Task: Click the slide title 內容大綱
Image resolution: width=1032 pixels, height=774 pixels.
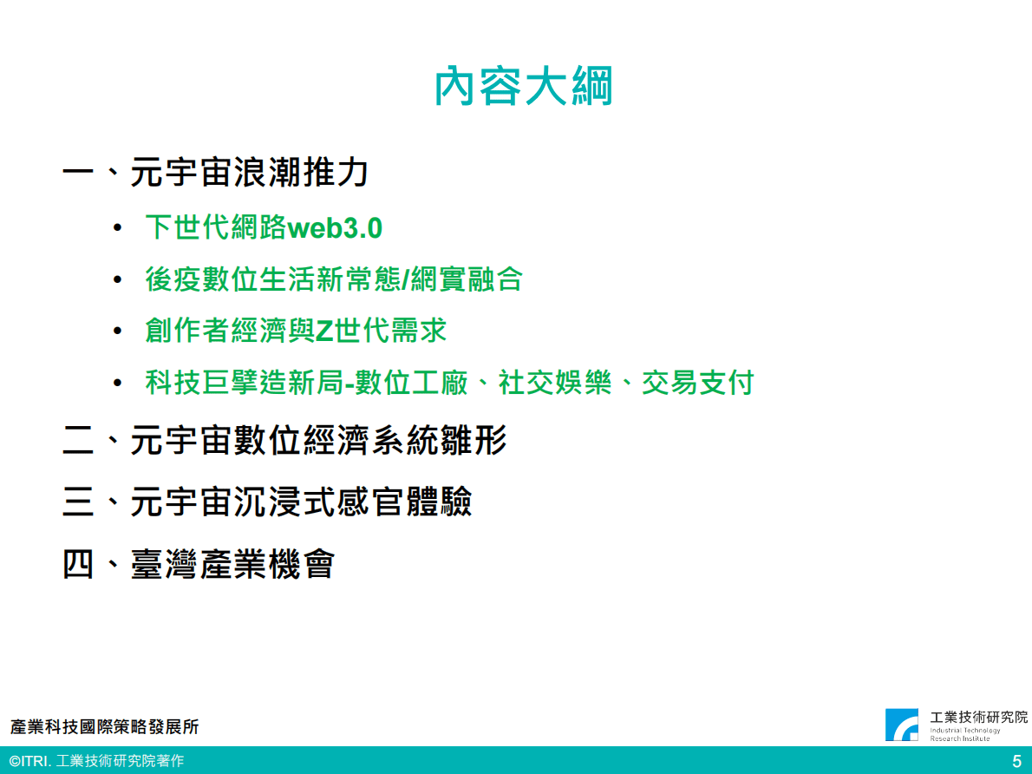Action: point(523,87)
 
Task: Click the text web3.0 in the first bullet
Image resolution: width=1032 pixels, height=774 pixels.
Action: point(335,228)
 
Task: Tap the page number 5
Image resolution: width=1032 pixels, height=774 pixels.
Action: point(1016,762)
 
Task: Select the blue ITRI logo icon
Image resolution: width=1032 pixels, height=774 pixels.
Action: point(902,725)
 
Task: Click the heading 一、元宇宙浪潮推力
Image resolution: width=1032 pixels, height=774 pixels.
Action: point(216,173)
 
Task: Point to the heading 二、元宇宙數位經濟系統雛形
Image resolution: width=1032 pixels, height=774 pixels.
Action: point(284,441)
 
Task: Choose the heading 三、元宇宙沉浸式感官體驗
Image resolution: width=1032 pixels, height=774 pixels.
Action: point(267,502)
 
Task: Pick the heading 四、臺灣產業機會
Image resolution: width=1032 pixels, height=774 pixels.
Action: point(199,564)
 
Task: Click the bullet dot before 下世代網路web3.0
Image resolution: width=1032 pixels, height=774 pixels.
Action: point(118,229)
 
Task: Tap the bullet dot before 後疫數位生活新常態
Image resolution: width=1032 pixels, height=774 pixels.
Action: point(118,280)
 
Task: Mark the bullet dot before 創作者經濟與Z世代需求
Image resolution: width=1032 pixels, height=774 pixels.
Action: point(118,331)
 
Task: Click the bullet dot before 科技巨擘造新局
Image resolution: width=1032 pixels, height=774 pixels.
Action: point(118,383)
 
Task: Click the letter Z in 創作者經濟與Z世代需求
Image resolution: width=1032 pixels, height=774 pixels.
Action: point(324,331)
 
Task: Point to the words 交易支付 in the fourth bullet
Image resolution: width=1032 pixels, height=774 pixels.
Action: point(697,382)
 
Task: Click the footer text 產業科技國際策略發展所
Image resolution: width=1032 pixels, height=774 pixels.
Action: point(105,726)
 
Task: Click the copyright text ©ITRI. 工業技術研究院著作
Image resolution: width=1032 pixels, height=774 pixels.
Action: point(97,762)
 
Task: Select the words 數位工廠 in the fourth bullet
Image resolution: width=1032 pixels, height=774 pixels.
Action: point(412,382)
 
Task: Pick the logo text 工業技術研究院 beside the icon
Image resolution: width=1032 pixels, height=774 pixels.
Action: point(978,717)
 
